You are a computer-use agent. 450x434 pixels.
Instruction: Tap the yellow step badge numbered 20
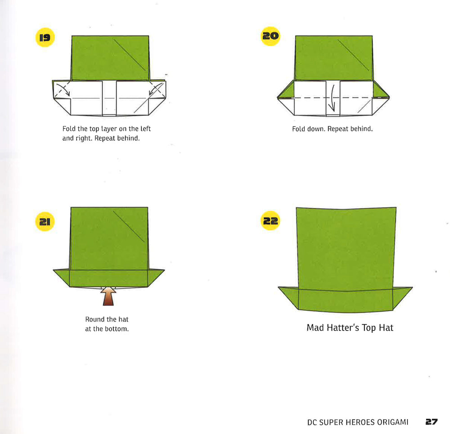[x=270, y=36]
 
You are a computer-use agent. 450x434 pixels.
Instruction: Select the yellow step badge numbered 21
[x=44, y=221]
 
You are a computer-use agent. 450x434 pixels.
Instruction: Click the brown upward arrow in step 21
[x=108, y=295]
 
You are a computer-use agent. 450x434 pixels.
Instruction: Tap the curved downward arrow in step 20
[x=332, y=98]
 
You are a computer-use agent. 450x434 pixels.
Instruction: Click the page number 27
[x=431, y=422]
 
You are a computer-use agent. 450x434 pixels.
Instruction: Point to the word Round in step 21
[x=94, y=319]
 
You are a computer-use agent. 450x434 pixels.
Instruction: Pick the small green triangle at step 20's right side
[x=381, y=91]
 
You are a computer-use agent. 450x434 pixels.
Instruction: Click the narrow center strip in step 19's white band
[x=109, y=98]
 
